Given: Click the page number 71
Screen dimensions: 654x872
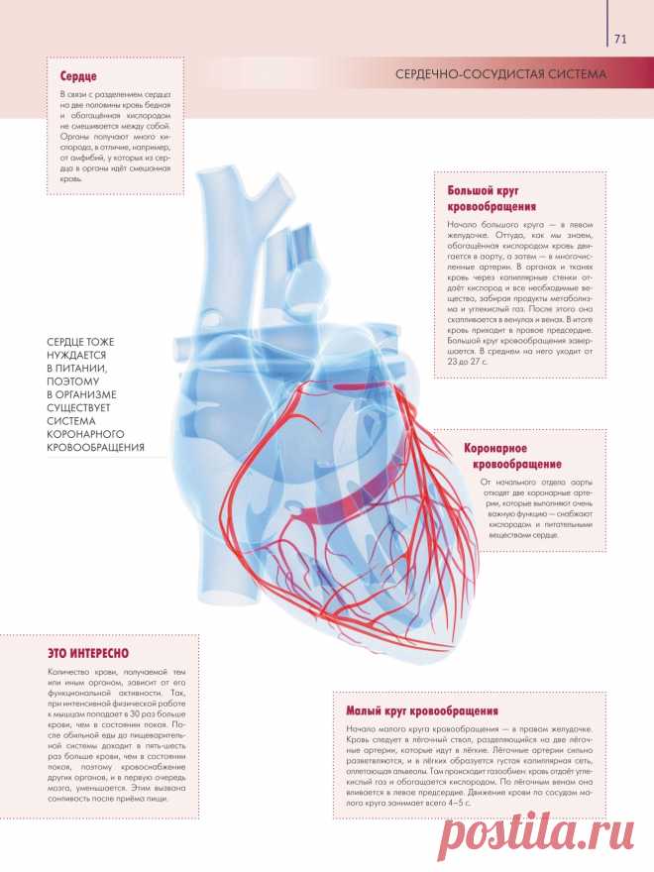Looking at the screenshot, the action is coord(620,39).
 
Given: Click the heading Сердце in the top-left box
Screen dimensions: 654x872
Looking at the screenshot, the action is coord(78,76).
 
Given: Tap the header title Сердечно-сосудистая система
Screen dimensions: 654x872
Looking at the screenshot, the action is coord(501,74).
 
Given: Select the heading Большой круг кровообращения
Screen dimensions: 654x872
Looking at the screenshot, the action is coord(491,198).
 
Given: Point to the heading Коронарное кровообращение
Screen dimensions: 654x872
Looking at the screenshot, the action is coord(512,456).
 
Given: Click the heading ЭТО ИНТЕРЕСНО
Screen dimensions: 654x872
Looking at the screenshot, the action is coord(88,653).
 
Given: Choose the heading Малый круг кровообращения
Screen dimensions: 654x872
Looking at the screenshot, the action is coord(422,710).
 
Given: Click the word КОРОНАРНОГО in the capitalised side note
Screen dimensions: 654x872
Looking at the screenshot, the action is coord(85,434).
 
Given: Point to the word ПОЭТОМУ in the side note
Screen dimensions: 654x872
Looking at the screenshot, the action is coord(73,381).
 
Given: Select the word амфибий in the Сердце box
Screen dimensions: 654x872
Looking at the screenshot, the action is coord(90,158).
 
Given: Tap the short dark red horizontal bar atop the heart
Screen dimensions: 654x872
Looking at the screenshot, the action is coord(360,385).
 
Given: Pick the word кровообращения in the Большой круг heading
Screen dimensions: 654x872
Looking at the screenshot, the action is coord(491,207).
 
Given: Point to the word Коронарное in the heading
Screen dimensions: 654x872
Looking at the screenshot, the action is coord(495,448).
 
